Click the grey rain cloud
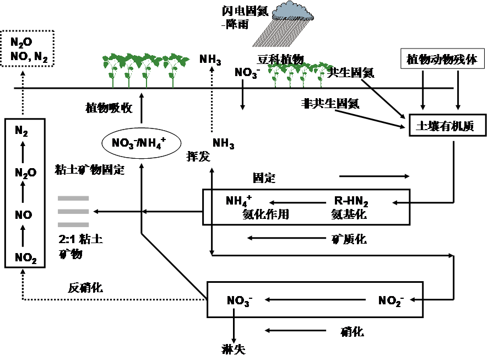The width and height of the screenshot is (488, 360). pyautogui.click(x=292, y=10)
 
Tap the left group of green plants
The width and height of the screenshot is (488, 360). pyautogui.click(x=145, y=69)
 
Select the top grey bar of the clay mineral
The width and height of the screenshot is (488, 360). pyautogui.click(x=73, y=198)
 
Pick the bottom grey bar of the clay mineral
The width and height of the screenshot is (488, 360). pyautogui.click(x=73, y=224)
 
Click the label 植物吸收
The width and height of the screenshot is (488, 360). pyautogui.click(x=109, y=108)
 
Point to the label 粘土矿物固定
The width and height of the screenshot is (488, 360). pyautogui.click(x=91, y=170)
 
